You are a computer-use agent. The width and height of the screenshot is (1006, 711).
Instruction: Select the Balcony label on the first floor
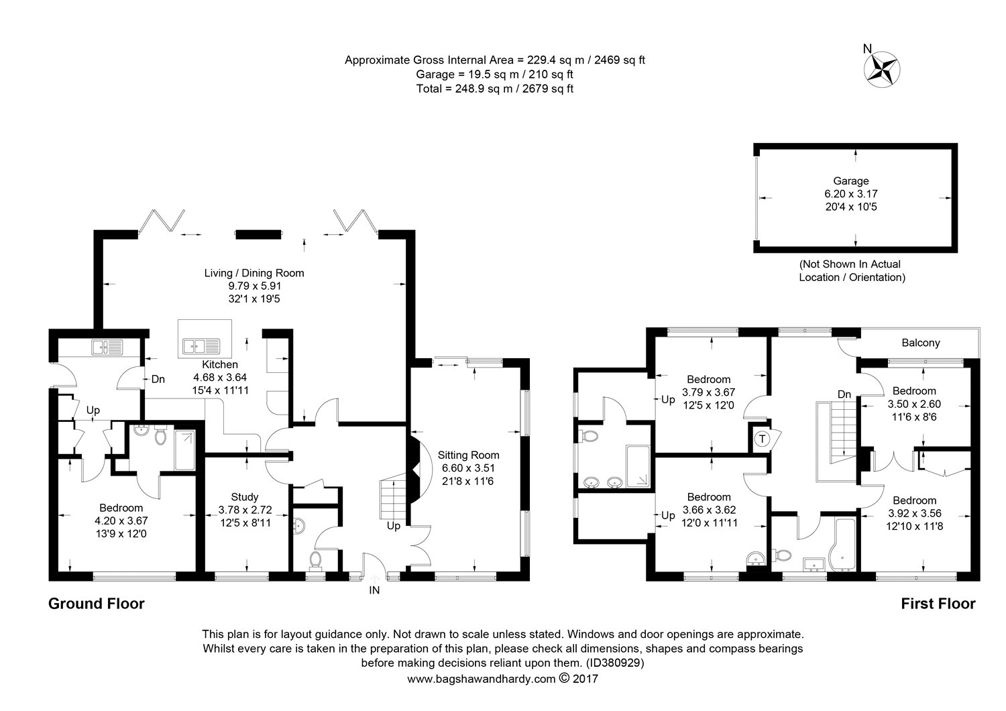tap(920, 343)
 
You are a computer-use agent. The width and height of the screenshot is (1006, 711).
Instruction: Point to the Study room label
tap(245, 497)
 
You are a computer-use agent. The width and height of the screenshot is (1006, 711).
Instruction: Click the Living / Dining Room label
tap(254, 273)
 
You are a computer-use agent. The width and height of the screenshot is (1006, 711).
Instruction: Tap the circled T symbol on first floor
tap(763, 439)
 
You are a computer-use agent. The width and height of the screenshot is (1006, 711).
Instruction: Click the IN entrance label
tap(374, 590)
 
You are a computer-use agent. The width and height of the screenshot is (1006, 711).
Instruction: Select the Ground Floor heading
tap(96, 604)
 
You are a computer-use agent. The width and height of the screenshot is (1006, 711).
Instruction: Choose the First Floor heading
tap(938, 604)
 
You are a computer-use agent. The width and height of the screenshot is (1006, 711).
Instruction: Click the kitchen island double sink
tap(199, 346)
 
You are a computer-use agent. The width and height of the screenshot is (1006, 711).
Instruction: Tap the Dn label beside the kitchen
tap(158, 379)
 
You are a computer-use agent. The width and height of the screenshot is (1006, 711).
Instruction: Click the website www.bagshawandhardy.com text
tap(482, 679)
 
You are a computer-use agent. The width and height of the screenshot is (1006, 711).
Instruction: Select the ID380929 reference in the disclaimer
tap(615, 663)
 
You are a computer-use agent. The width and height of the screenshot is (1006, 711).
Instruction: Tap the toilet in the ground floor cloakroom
tap(315, 559)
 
